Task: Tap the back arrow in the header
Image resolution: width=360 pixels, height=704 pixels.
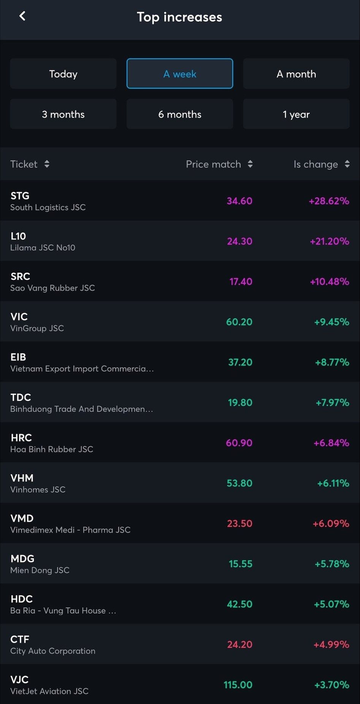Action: (x=22, y=16)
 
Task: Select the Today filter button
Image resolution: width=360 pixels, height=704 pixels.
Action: (x=63, y=74)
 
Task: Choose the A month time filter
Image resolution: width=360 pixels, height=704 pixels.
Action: (x=296, y=74)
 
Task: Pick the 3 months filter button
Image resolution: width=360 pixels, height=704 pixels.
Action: (x=63, y=114)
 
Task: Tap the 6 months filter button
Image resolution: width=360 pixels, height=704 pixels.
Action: (x=179, y=114)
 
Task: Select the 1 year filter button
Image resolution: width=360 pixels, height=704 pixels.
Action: (x=296, y=114)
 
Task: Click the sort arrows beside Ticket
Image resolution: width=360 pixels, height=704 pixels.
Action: (x=47, y=164)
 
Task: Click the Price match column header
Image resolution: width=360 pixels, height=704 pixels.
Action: (x=213, y=164)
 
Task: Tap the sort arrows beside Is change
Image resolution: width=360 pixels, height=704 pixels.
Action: (x=347, y=164)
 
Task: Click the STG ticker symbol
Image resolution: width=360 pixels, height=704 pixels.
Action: (x=20, y=196)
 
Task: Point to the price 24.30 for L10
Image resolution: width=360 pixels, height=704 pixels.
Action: (x=239, y=241)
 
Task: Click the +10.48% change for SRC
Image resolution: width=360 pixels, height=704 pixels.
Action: (x=329, y=282)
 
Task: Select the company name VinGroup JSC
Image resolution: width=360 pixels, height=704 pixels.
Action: (x=37, y=328)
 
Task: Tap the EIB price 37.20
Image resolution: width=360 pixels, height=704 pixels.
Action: (x=240, y=362)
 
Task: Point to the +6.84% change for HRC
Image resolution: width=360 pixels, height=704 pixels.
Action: (x=331, y=443)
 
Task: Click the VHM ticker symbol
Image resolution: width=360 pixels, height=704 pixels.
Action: (x=22, y=478)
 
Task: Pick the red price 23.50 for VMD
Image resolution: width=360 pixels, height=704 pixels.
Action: (x=239, y=524)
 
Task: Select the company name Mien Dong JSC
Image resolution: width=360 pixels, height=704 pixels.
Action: (x=40, y=570)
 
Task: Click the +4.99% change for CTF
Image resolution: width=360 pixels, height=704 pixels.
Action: (x=331, y=644)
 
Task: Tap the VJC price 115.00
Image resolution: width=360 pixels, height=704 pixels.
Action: (x=238, y=685)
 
